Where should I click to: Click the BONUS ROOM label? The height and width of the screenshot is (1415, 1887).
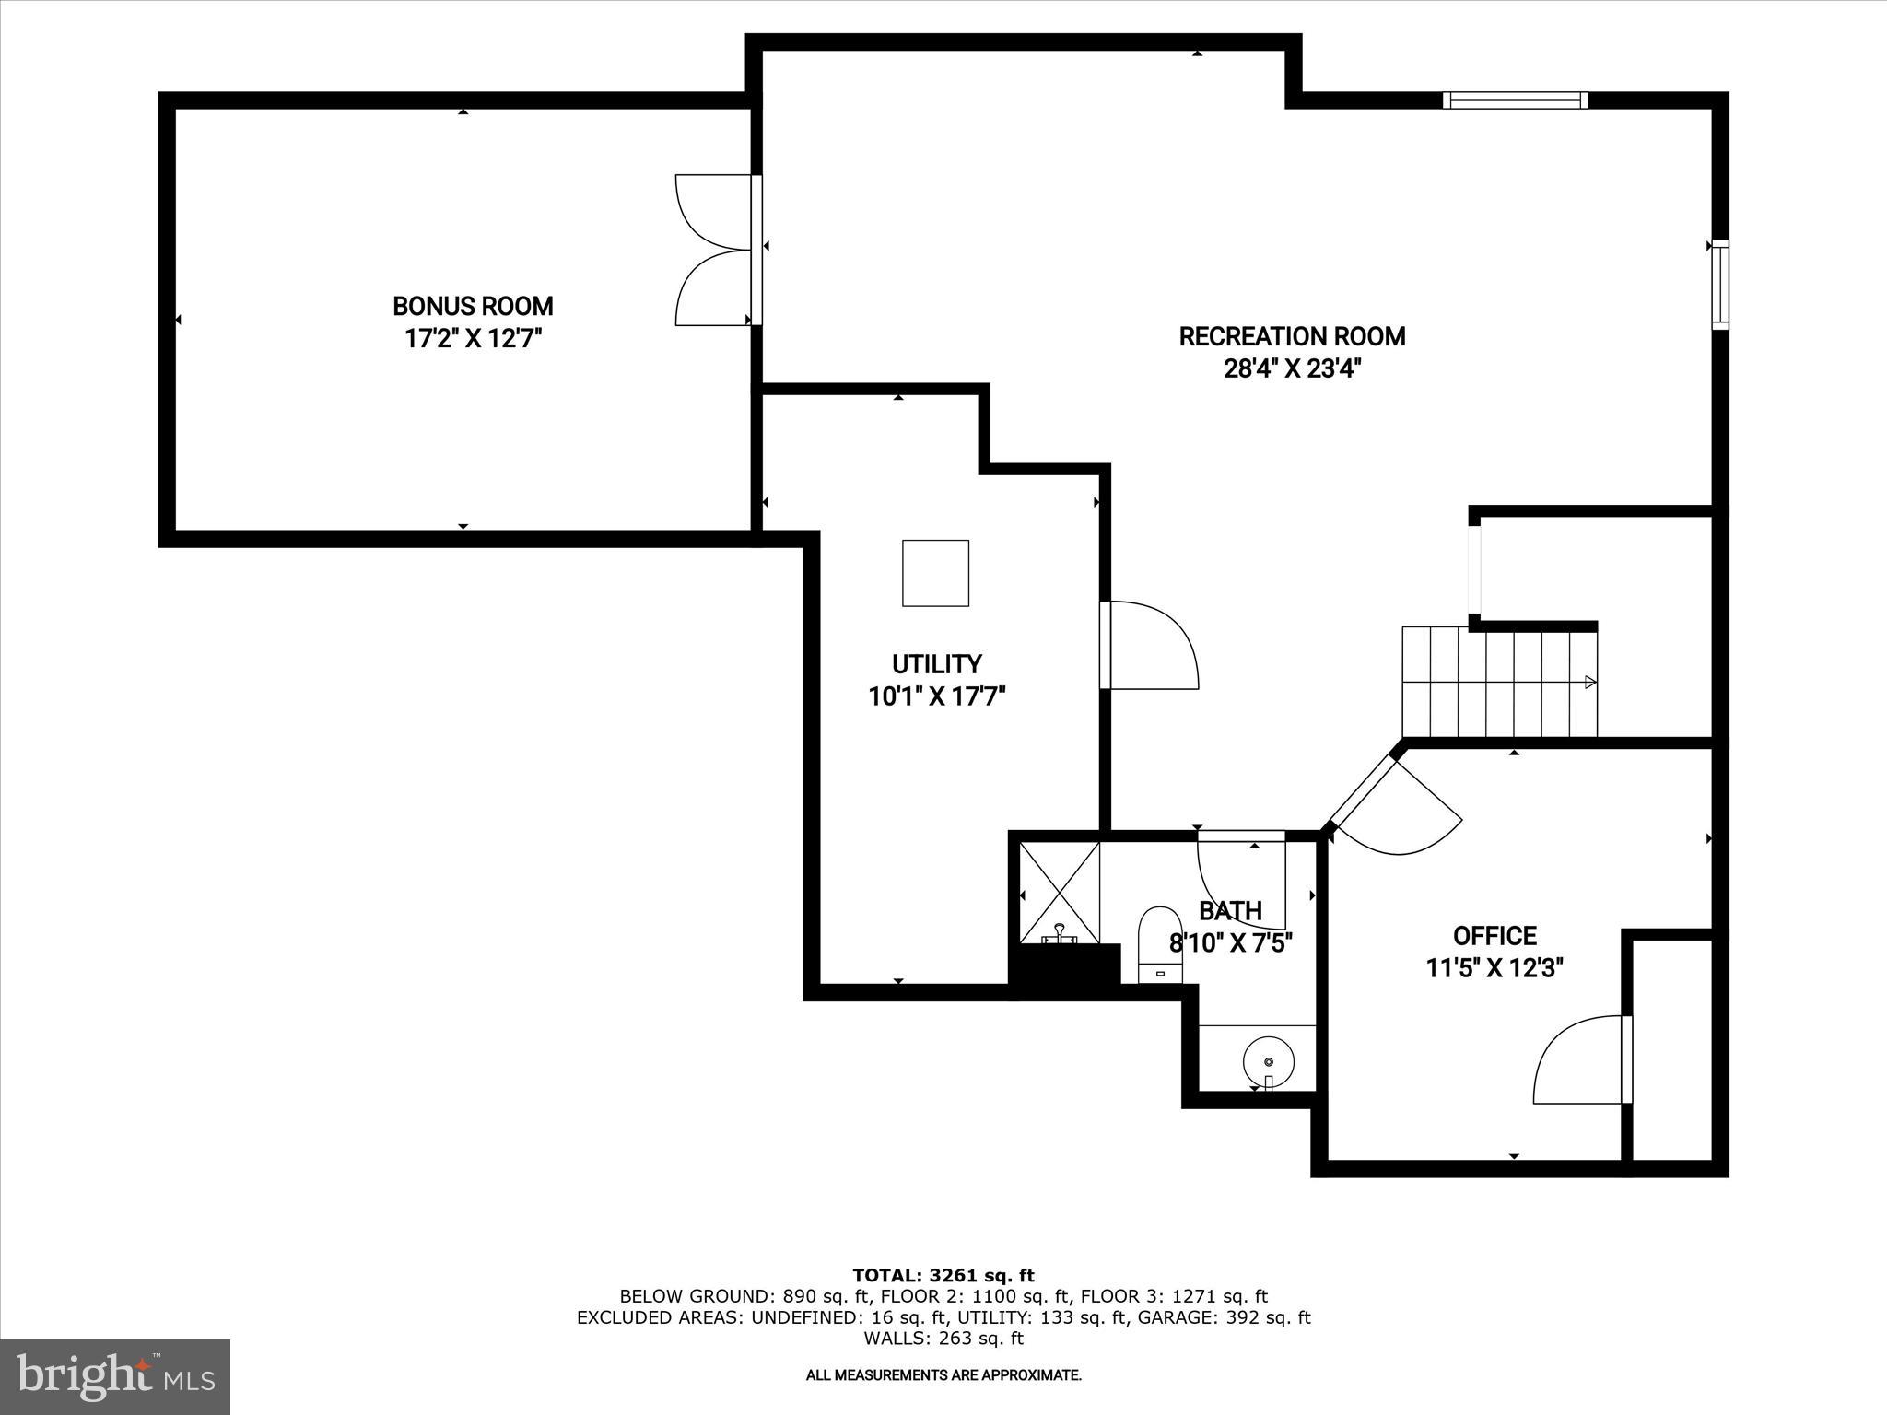[x=473, y=306]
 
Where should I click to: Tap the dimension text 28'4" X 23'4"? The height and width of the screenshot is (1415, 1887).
[x=1292, y=369]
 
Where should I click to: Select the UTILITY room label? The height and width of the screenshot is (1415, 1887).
[x=936, y=664]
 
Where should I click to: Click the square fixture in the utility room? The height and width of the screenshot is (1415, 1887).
[x=935, y=573]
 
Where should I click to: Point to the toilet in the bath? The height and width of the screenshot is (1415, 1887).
[x=1160, y=944]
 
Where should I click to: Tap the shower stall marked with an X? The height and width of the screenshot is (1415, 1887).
[x=1060, y=892]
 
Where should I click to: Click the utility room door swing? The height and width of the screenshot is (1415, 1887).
[x=1152, y=645]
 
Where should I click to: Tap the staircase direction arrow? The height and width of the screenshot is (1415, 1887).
[x=1589, y=682]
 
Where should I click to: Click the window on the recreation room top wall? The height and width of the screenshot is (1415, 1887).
[x=1515, y=100]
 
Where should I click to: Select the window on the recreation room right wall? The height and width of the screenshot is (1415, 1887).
[x=1719, y=285]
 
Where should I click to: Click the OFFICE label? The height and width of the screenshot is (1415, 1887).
[x=1494, y=936]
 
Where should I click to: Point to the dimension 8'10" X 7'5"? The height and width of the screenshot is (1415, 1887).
[x=1231, y=943]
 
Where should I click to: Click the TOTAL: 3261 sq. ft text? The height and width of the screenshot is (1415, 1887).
[x=943, y=1276]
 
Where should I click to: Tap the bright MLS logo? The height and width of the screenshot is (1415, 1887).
[x=115, y=1376]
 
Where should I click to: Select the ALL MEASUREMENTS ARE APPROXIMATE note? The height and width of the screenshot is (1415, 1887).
[x=943, y=1375]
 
